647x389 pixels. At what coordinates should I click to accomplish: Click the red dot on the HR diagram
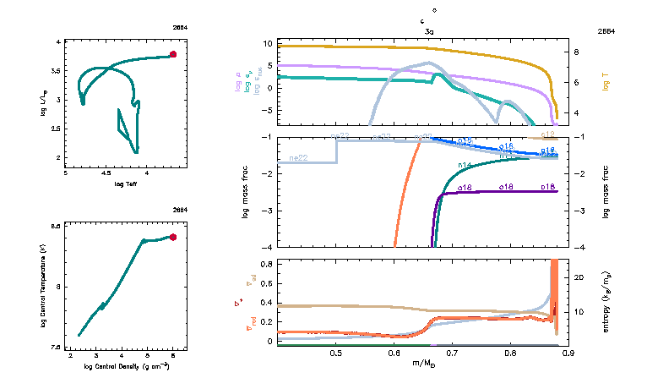pyautogui.click(x=173, y=54)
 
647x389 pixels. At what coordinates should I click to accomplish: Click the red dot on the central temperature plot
pyautogui.click(x=173, y=237)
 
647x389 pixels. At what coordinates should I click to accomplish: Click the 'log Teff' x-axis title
pyautogui.click(x=126, y=184)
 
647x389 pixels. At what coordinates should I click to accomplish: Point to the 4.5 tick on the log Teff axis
pyautogui.click(x=106, y=173)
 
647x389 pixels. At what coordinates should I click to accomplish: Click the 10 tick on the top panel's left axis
pyautogui.click(x=267, y=42)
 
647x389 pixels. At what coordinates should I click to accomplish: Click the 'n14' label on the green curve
pyautogui.click(x=465, y=164)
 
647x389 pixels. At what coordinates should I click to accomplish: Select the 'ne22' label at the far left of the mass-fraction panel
pyautogui.click(x=297, y=158)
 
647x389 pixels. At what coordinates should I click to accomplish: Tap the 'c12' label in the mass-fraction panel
pyautogui.click(x=547, y=134)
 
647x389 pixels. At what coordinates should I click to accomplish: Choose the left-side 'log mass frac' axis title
pyautogui.click(x=246, y=194)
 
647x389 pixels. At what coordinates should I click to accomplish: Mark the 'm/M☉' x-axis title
pyautogui.click(x=422, y=364)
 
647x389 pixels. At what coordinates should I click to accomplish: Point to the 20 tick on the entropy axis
pyautogui.click(x=578, y=276)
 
